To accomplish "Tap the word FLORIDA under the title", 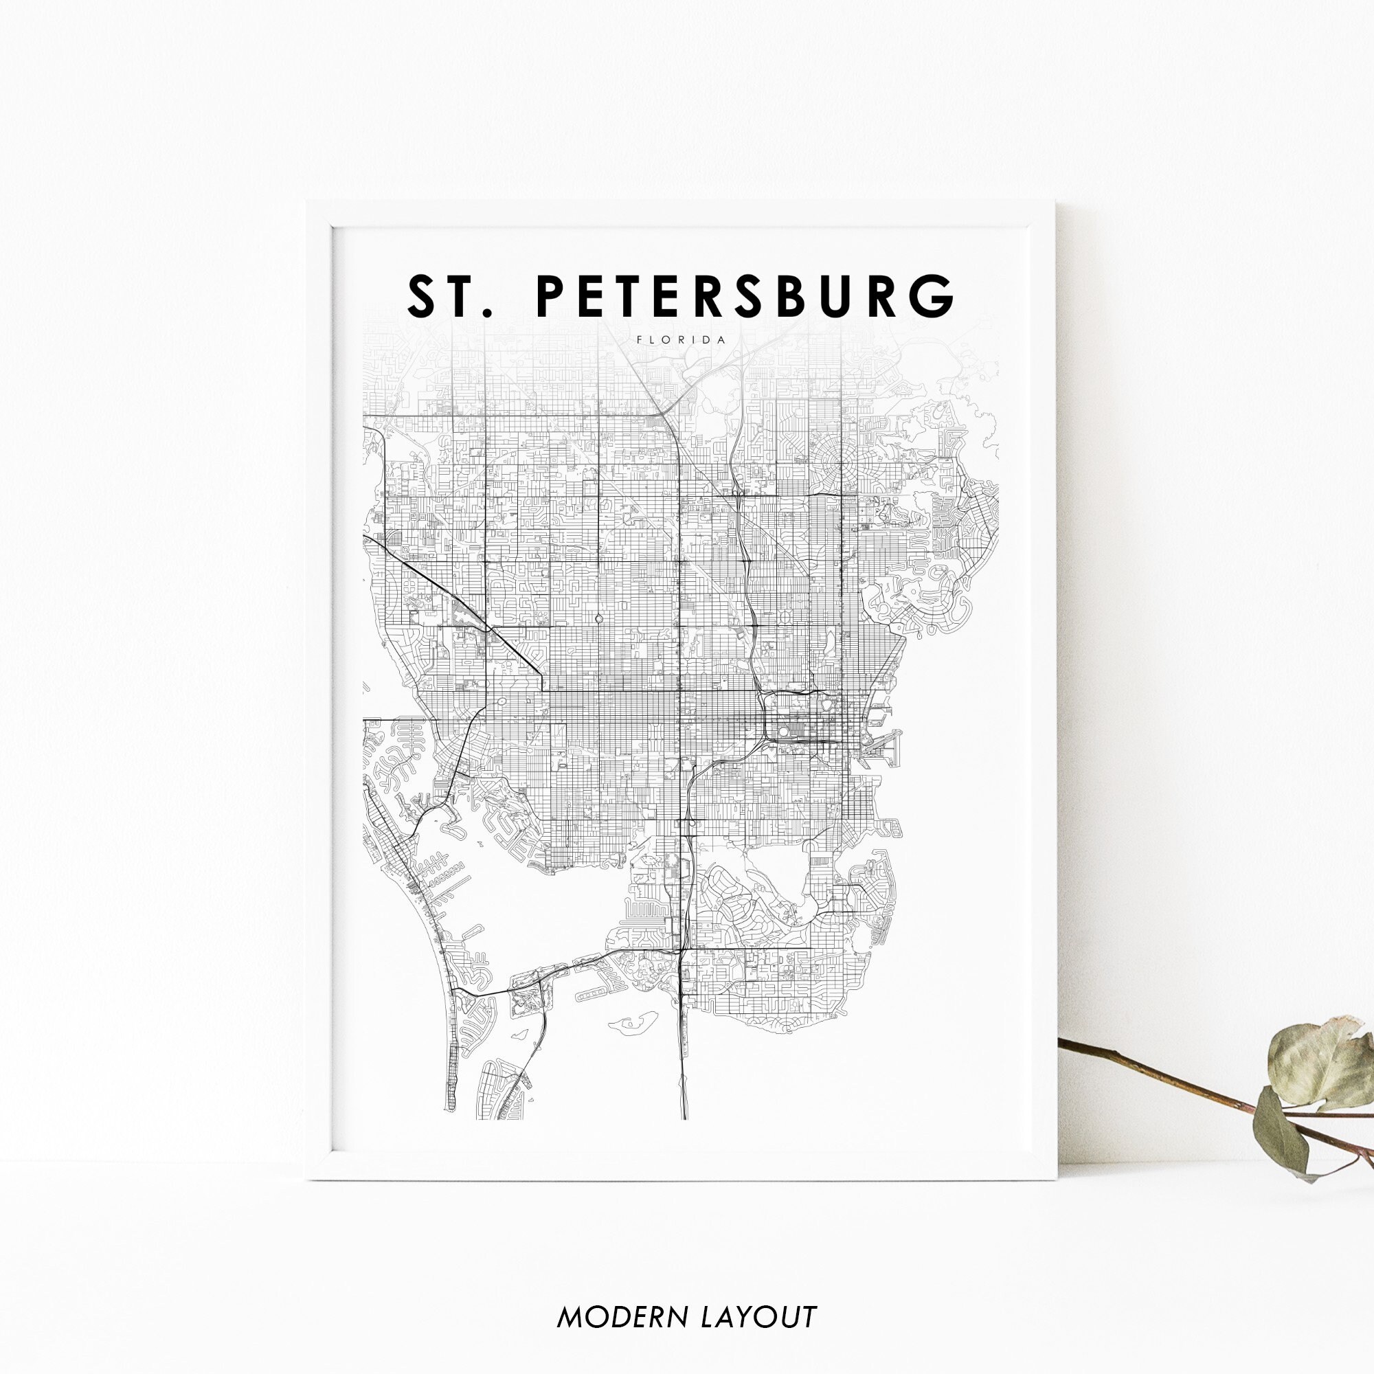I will click(x=682, y=340).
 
